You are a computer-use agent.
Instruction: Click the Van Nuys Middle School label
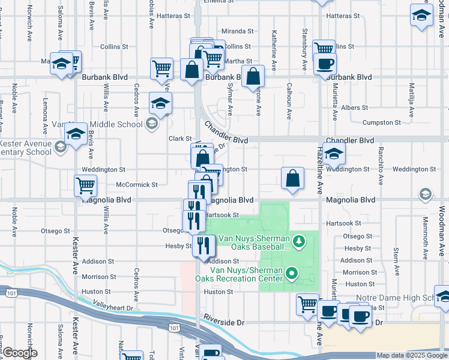[96, 124]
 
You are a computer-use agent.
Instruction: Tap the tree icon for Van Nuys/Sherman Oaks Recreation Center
[292, 274]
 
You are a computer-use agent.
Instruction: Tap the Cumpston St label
[382, 122]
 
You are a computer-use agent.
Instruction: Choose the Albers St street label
[354, 107]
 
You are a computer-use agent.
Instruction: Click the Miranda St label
[234, 31]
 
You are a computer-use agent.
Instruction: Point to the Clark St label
[179, 139]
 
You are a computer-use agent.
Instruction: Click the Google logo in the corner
[19, 353]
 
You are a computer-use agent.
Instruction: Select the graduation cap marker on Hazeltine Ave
[334, 155]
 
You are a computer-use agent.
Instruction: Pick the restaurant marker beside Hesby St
[203, 244]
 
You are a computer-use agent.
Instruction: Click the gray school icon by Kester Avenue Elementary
[59, 146]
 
